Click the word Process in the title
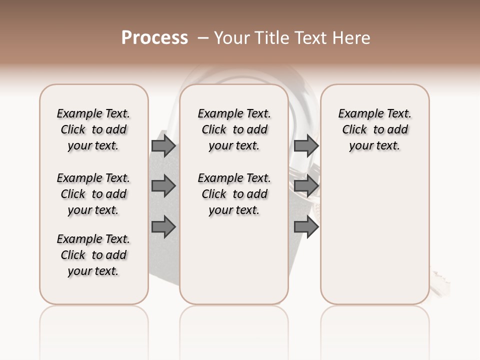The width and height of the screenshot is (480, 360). click(x=154, y=38)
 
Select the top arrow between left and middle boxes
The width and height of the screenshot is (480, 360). click(x=163, y=145)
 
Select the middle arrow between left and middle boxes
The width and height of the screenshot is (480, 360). click(x=163, y=186)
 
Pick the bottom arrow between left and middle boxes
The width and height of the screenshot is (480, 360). click(x=163, y=227)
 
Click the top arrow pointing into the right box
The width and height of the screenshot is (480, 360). click(x=306, y=145)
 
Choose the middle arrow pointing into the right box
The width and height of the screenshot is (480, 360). click(x=306, y=186)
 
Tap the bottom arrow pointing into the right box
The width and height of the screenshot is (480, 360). click(x=306, y=227)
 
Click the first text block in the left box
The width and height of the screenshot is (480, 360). click(x=93, y=129)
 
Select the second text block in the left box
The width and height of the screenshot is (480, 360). click(x=93, y=194)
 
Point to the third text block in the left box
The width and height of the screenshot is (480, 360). click(x=93, y=255)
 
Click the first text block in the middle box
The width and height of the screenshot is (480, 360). click(x=234, y=129)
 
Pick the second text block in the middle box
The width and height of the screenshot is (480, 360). click(x=234, y=194)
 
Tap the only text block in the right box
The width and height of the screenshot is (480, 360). click(x=374, y=129)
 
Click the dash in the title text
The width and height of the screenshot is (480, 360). click(x=203, y=38)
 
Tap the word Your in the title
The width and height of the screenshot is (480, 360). click(x=231, y=38)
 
